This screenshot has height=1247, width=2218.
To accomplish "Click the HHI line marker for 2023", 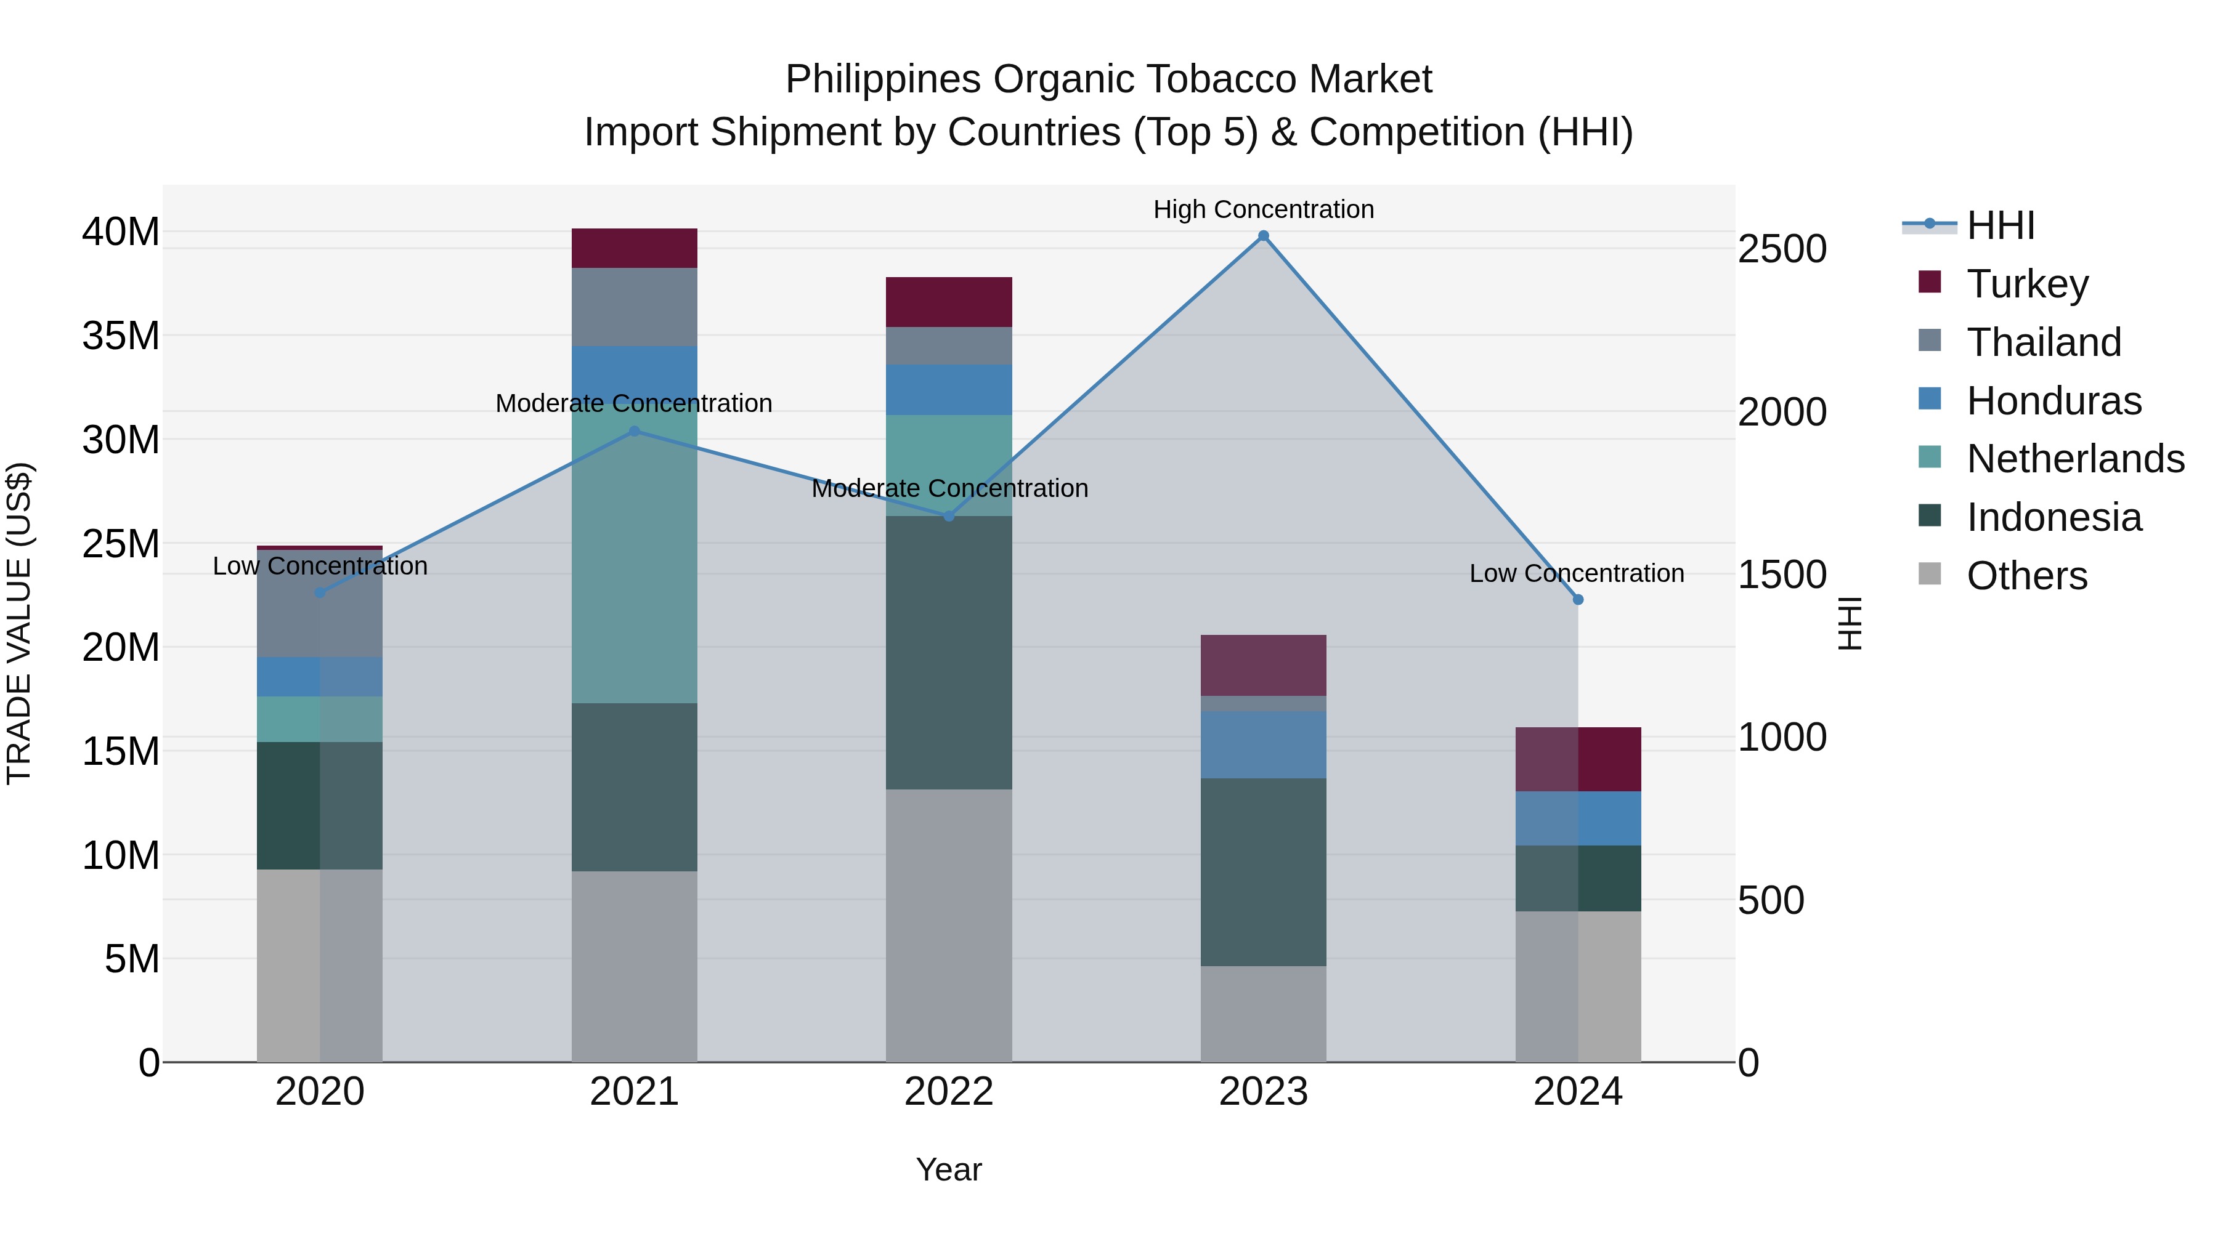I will coord(1263,236).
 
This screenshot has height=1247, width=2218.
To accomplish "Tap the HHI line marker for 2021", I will coord(635,431).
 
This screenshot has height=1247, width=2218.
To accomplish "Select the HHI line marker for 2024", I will coord(1577,600).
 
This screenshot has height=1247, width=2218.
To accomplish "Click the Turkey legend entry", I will coord(2027,284).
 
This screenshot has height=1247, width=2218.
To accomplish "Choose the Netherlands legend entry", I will coord(2075,459).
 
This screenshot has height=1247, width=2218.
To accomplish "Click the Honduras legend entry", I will coord(2053,401).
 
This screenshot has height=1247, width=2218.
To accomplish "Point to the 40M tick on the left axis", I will coord(121,232).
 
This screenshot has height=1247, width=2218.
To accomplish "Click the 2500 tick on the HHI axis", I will coord(1781,249).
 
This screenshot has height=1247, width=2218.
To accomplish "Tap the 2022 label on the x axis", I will coord(949,1092).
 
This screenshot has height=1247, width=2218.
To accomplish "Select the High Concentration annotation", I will coord(1263,209).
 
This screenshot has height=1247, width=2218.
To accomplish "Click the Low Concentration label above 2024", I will coord(1577,573).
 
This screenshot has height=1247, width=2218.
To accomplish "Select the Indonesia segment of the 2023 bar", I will coord(1263,872).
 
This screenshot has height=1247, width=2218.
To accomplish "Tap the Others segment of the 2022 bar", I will coord(949,925).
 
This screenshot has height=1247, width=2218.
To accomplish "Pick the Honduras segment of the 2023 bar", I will coord(1263,745).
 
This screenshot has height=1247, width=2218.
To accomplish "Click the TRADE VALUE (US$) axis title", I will coord(20,623).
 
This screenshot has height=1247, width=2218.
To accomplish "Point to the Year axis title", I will coord(949,1169).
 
